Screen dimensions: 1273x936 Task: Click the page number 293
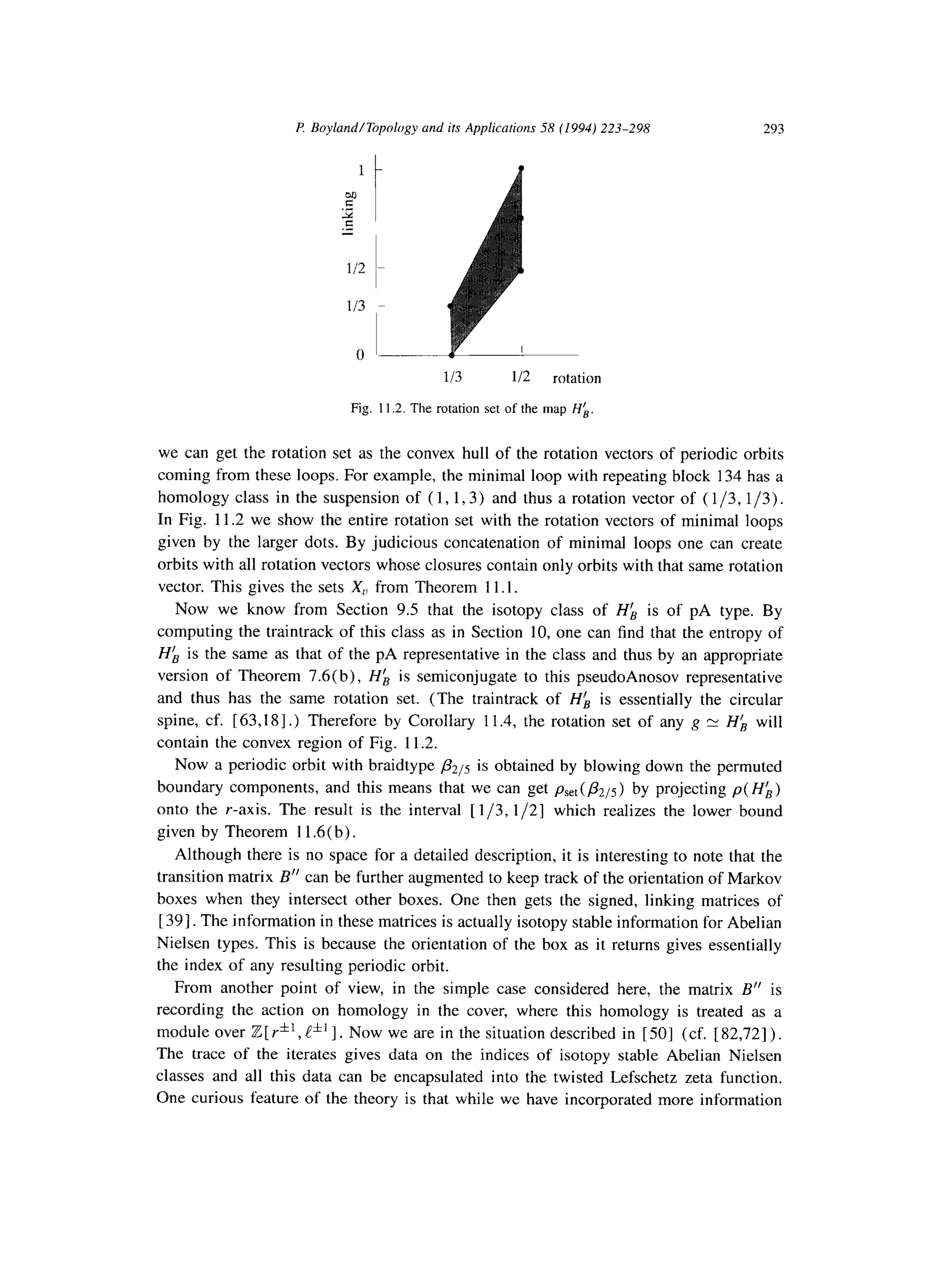tap(773, 129)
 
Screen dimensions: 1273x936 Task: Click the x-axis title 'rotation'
tap(576, 378)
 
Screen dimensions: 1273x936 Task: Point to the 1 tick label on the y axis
tap(360, 170)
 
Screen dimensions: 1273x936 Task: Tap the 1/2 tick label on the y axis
tap(356, 267)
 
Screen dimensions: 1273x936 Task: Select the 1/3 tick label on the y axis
tap(356, 306)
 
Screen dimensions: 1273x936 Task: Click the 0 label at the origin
tap(359, 355)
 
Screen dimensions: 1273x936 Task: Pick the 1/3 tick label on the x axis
tap(452, 378)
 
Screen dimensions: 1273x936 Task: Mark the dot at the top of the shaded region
tap(521, 168)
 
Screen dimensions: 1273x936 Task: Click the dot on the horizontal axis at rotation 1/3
tap(451, 355)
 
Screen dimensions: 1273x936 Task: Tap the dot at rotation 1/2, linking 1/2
tap(521, 271)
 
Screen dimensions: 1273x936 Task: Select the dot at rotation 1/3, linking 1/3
tap(451, 306)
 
